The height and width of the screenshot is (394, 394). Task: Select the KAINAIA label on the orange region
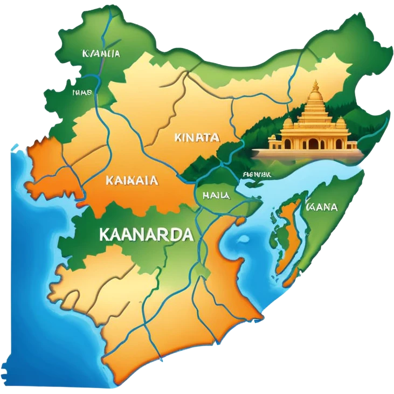point(132,181)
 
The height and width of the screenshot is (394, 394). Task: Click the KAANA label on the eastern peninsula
point(321,207)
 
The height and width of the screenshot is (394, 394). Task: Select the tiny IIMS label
point(81,92)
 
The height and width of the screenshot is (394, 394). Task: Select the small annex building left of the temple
point(275,141)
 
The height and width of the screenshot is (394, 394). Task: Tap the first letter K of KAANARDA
point(105,235)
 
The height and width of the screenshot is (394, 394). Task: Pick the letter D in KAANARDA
point(175,235)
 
